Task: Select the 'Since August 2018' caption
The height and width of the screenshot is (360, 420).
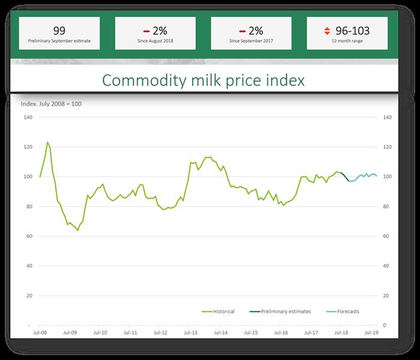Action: pos(155,42)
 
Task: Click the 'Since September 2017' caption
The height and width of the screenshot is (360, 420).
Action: pos(251,42)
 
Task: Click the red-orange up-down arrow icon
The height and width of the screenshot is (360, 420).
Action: pos(326,31)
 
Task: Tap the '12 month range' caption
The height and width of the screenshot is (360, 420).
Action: pos(347,42)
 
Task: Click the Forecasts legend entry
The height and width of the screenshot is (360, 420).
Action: pos(343,311)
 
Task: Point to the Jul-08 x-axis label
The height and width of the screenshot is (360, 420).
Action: pos(40,331)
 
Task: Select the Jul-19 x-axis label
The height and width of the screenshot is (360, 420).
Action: pos(371,331)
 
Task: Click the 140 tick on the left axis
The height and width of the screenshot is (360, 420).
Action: pos(28,118)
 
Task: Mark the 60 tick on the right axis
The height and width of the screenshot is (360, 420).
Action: pos(386,236)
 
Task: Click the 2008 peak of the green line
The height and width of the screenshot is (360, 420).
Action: pos(47,142)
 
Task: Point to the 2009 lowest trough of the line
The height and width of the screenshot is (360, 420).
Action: pos(78,230)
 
